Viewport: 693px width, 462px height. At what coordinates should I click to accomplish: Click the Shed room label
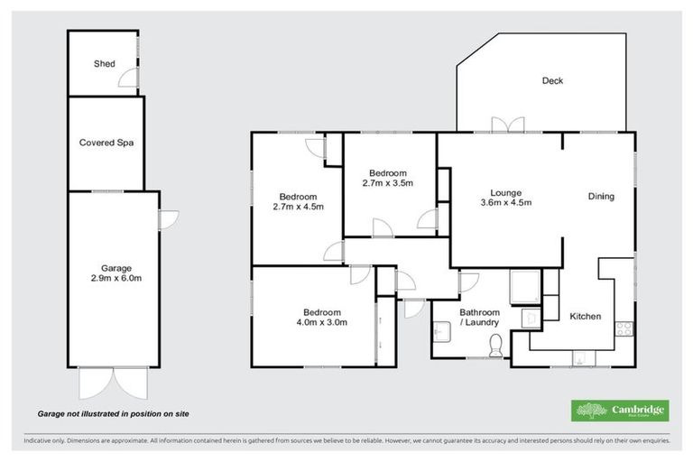(x=104, y=64)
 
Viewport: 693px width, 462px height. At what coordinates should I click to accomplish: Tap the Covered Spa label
(x=106, y=143)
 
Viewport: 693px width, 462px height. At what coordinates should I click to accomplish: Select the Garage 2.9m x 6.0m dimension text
(x=116, y=279)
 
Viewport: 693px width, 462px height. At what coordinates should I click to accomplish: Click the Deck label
(x=552, y=81)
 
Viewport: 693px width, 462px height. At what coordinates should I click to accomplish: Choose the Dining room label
(x=601, y=197)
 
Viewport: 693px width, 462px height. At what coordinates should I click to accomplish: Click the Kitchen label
(x=585, y=317)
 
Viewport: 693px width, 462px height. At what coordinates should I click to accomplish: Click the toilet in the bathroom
(x=494, y=344)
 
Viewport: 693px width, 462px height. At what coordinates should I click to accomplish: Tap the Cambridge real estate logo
(x=620, y=411)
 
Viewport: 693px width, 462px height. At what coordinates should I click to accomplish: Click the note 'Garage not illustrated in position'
(x=113, y=413)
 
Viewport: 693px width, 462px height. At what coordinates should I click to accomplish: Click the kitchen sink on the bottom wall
(x=577, y=359)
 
